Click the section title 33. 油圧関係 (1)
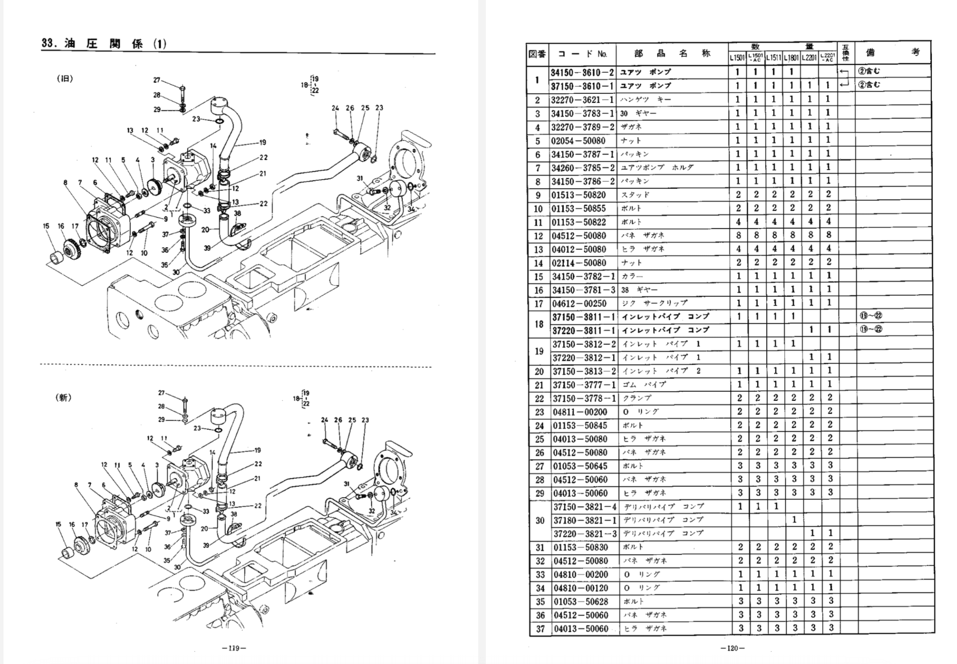(x=104, y=43)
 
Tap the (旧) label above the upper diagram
(x=65, y=79)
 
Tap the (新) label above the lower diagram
(x=63, y=397)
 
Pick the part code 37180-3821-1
(x=585, y=520)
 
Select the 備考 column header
(x=892, y=53)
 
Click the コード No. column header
(x=582, y=54)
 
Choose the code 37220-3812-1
(x=584, y=357)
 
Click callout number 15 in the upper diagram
(x=46, y=226)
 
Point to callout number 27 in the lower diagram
(x=161, y=393)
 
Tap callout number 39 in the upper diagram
(x=207, y=247)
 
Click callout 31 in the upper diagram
(x=360, y=178)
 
